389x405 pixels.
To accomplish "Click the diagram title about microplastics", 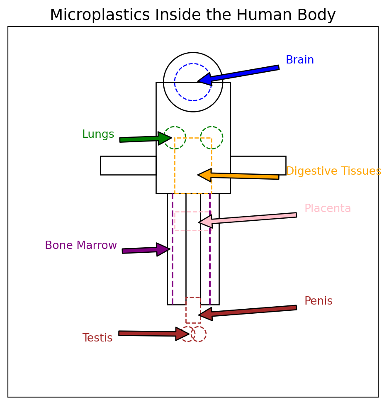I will [x=192, y=15].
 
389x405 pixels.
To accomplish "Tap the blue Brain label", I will [x=299, y=60].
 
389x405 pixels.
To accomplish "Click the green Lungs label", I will [x=98, y=134].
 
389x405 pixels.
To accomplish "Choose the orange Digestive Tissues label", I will [x=333, y=171].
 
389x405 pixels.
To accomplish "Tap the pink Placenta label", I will [x=328, y=209].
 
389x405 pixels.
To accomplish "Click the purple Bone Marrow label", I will [x=81, y=246].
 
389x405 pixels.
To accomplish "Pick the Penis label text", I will [x=318, y=301].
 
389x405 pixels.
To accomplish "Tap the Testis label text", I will [x=97, y=338].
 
